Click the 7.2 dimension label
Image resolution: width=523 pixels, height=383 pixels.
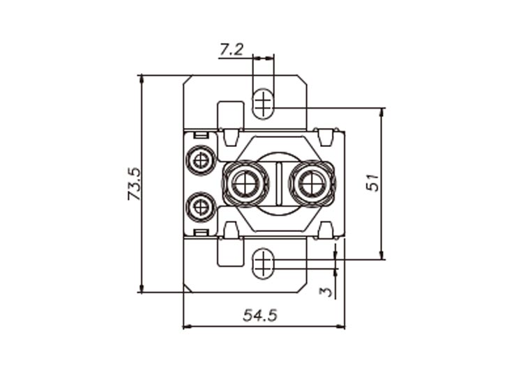(232, 50)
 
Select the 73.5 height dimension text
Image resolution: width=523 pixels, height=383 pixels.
(135, 184)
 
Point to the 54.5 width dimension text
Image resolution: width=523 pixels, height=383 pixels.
(260, 315)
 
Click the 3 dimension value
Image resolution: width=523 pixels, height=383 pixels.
(326, 292)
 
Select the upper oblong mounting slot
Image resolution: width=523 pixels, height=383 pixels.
(263, 103)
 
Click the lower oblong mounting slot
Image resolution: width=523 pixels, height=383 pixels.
(263, 263)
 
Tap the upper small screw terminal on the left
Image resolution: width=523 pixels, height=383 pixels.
(201, 161)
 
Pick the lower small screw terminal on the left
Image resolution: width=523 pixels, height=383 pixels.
(201, 207)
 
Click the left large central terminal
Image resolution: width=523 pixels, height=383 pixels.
(246, 184)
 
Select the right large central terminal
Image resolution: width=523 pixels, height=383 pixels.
(312, 184)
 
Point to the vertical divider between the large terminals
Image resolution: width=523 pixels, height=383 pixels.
(279, 183)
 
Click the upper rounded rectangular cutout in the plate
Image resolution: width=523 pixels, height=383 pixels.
(230, 116)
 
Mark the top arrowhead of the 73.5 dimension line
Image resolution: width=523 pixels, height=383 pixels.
(142, 79)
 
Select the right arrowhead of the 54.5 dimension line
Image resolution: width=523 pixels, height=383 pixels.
(341, 327)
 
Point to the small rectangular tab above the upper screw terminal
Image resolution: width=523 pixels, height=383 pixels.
(201, 136)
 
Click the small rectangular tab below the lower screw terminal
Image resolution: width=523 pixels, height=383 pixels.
(201, 232)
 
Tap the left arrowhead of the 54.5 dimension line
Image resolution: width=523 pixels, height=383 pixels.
(188, 327)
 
